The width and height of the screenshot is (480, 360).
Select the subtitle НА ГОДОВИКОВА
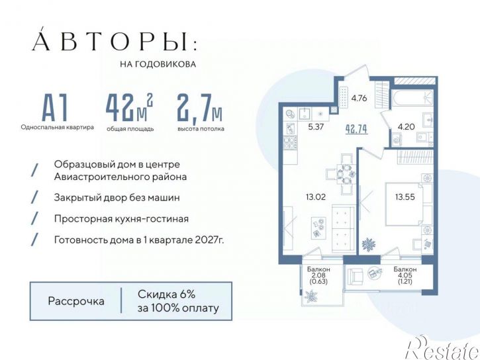pos(156,65)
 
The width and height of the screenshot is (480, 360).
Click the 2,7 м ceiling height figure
pos(199,107)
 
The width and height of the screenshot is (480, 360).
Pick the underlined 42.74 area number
pos(356,129)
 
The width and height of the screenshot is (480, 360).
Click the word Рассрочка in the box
pos(76,301)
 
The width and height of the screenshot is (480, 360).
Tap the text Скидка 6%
pos(166,294)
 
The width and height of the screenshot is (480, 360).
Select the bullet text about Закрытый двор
pos(117,197)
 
